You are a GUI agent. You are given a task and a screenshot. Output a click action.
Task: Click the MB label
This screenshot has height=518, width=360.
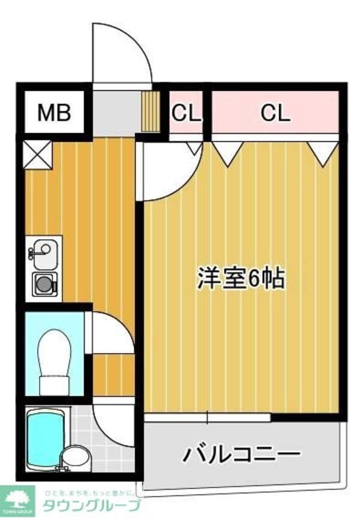click(55, 112)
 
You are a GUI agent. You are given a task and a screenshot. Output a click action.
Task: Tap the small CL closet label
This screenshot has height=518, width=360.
click(187, 112)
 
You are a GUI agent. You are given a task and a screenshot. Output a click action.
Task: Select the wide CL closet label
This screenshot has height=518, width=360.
click(275, 112)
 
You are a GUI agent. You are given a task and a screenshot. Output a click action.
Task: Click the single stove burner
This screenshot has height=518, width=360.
click(44, 284)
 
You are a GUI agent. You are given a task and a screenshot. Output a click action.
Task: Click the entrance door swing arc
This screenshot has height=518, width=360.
click(123, 54)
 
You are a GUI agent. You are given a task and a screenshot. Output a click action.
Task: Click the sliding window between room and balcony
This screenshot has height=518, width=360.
click(207, 417)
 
